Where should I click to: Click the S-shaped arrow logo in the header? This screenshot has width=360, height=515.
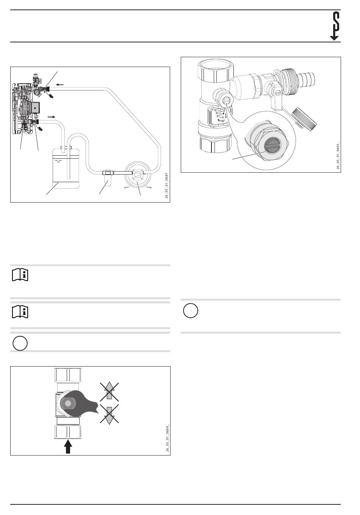coord(335,26)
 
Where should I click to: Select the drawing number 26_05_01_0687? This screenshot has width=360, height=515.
coord(166,186)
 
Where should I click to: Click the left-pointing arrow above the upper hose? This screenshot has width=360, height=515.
coord(60,84)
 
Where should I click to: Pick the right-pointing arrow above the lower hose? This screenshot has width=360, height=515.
coord(51,117)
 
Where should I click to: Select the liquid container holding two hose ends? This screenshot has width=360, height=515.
coord(66,168)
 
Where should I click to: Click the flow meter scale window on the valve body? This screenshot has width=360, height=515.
coord(219,115)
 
